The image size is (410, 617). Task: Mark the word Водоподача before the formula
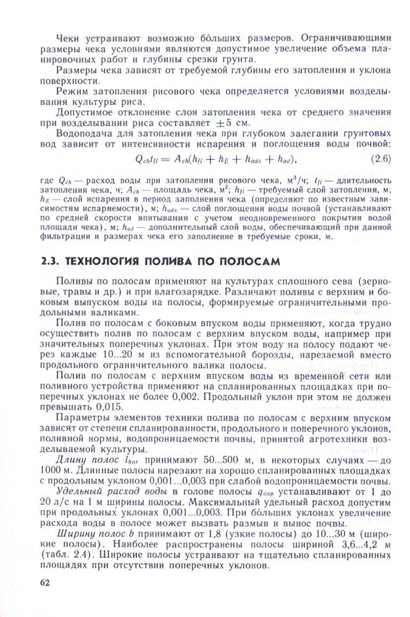(85, 133)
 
